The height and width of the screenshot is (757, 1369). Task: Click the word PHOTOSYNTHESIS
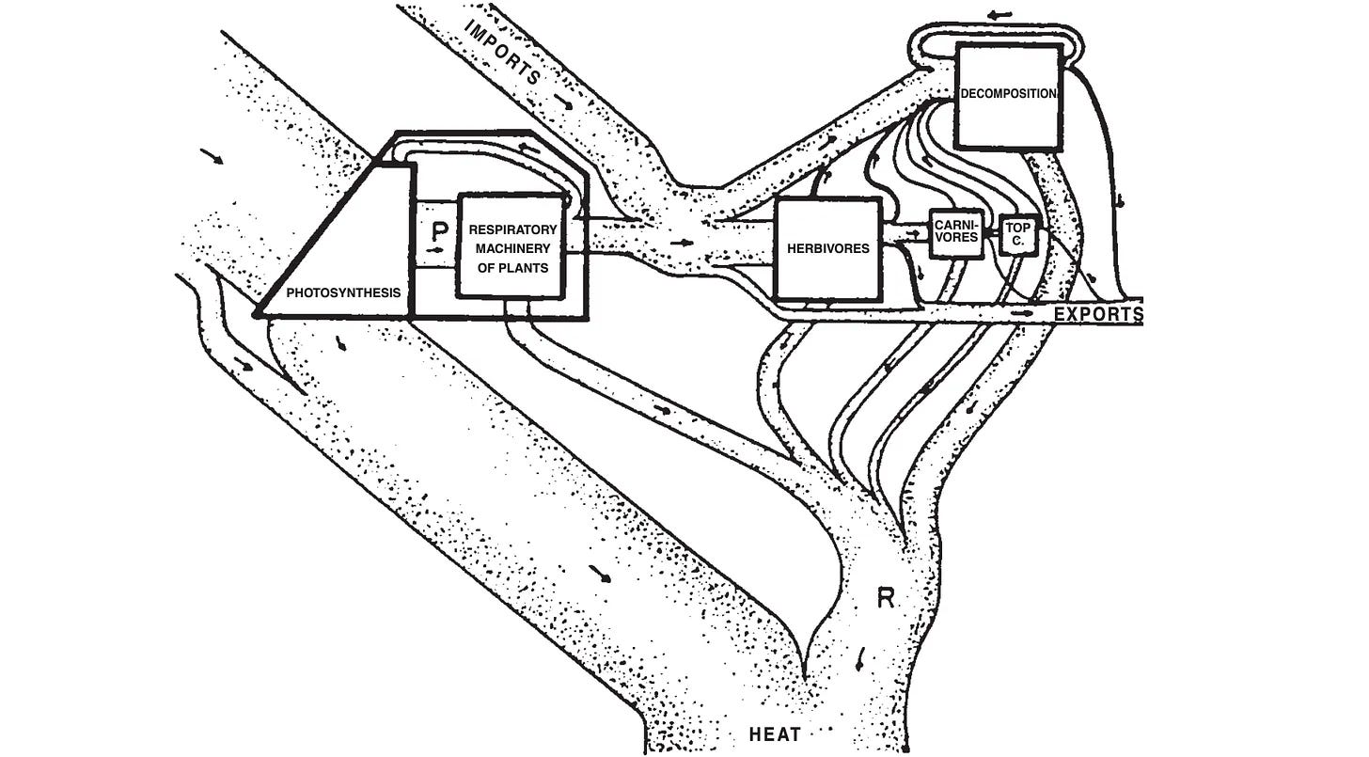343,292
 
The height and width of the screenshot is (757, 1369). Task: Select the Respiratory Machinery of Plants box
512,246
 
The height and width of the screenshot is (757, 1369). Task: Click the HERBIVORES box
826,248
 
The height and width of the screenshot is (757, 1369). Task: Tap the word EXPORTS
1097,314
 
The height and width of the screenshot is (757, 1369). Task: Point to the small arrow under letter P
434,252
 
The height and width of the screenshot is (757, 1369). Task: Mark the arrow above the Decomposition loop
1004,16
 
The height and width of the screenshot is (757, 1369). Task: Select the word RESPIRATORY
512,229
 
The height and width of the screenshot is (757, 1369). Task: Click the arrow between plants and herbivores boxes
687,242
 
